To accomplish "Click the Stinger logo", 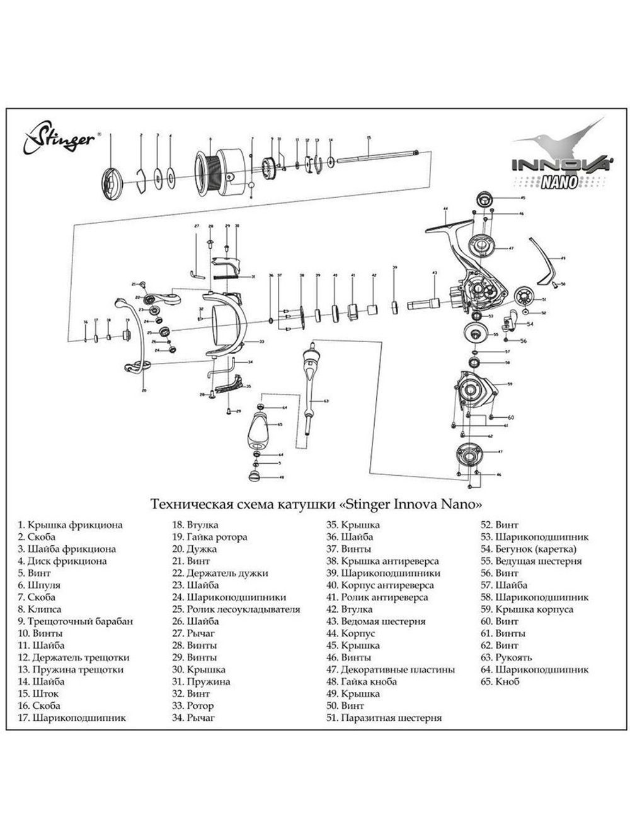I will [x=60, y=137].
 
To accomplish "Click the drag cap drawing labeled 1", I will [x=112, y=184].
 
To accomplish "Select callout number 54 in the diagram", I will [x=530, y=323].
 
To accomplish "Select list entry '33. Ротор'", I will [x=193, y=706].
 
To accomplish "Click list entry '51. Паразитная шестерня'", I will [x=384, y=718].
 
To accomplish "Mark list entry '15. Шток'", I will [x=38, y=694].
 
